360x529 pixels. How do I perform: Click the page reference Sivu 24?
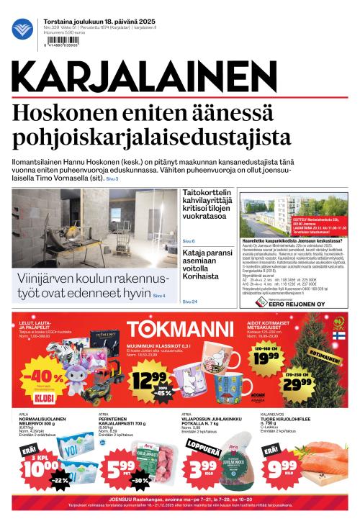point(189,301)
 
